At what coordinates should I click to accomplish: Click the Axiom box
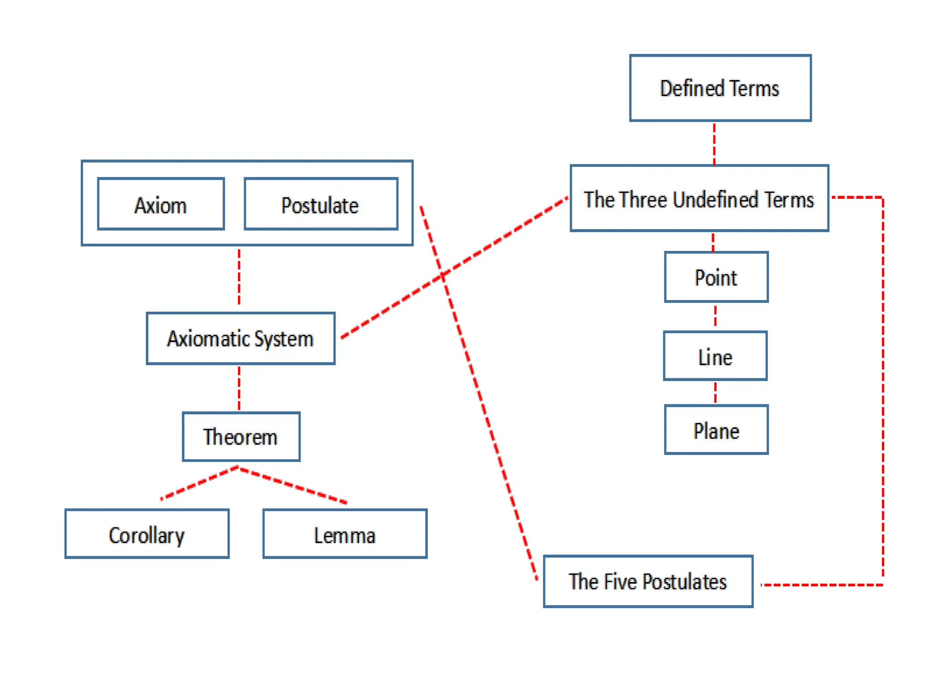161,204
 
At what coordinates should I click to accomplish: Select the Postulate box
321,204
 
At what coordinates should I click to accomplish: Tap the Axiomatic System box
240,338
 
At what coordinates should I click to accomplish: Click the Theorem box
241,437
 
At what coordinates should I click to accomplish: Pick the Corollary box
147,534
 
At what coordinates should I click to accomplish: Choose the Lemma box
345,534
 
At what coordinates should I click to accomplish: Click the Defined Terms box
720,88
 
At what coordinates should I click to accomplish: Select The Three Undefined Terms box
699,198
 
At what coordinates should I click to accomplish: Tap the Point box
716,277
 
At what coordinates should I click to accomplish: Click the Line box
715,356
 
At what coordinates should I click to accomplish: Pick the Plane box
716,430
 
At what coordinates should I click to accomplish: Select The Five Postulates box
648,581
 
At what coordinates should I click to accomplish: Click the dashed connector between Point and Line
715,316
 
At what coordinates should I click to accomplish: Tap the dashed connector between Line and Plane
715,393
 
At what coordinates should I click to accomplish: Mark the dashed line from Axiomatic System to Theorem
239,388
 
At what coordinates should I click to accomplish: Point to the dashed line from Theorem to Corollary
200,483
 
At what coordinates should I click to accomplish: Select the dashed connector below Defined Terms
714,143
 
